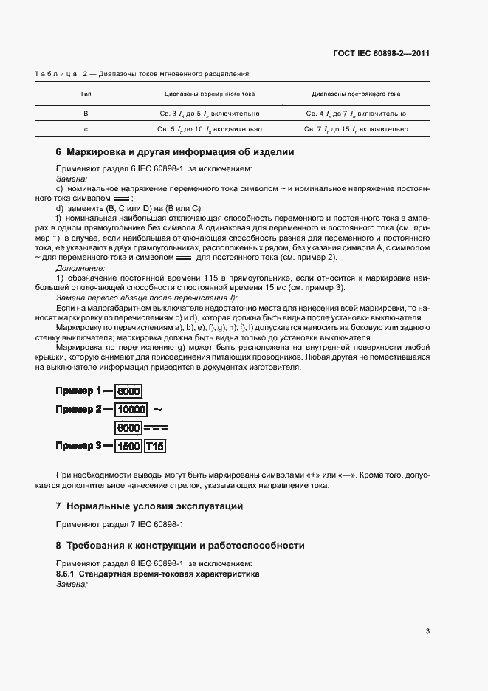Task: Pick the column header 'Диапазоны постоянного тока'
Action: [x=356, y=94]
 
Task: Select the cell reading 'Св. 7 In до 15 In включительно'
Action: [x=356, y=128]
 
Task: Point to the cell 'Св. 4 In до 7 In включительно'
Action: [x=356, y=114]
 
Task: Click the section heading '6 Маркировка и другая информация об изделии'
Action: [x=175, y=153]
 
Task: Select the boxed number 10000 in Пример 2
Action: [x=132, y=409]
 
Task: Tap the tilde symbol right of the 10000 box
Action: [x=157, y=408]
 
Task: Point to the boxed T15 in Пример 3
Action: [x=155, y=446]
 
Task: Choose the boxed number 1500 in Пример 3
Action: [x=128, y=446]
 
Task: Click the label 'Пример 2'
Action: [x=78, y=409]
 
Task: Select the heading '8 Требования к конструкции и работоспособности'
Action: [x=180, y=546]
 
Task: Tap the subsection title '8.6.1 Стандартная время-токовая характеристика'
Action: [x=157, y=574]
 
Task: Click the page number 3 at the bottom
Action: [x=427, y=630]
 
